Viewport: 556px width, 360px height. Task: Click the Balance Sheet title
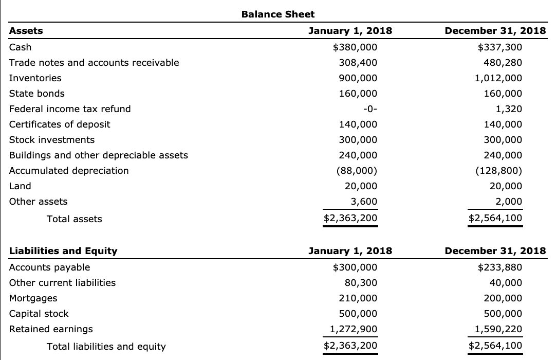point(277,14)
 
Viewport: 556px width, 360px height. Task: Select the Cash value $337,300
point(499,47)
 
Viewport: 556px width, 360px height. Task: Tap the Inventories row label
point(35,78)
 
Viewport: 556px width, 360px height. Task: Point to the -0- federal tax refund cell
point(369,109)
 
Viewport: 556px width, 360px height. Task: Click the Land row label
point(20,186)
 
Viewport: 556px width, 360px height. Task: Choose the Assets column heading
point(26,31)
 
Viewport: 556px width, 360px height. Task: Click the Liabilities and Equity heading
point(63,251)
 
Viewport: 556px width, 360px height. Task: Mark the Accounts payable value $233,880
point(499,267)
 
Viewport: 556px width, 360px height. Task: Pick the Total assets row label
point(74,219)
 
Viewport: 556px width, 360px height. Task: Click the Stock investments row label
point(52,140)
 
